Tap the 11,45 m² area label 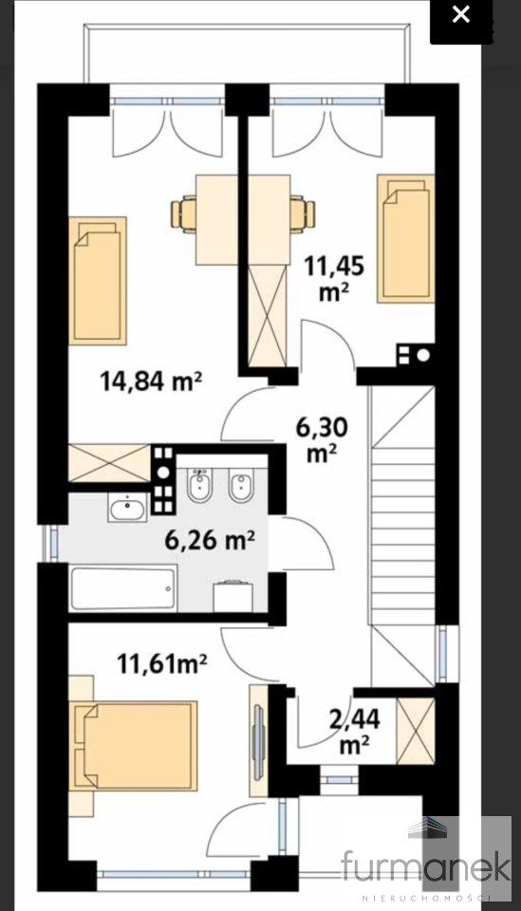click(x=335, y=279)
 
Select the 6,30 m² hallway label click(x=322, y=440)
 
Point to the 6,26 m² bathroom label click(x=210, y=541)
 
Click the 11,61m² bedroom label click(x=162, y=663)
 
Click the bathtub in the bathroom click(x=122, y=588)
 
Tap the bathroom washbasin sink click(x=127, y=509)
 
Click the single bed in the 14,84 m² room click(x=98, y=281)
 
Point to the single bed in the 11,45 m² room click(x=406, y=238)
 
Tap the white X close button click(x=461, y=14)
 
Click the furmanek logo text click(x=427, y=865)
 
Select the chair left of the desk click(x=184, y=214)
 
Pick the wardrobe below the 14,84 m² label click(x=109, y=463)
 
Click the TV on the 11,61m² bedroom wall click(x=258, y=741)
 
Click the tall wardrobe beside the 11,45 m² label click(x=268, y=314)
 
